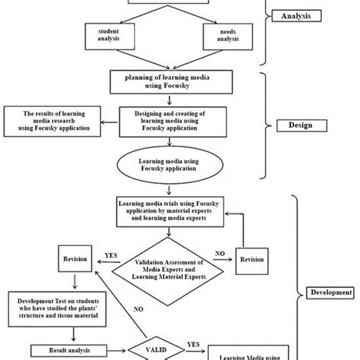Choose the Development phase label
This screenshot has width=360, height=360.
click(x=331, y=292)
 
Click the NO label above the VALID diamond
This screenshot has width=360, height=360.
click(x=138, y=309)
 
